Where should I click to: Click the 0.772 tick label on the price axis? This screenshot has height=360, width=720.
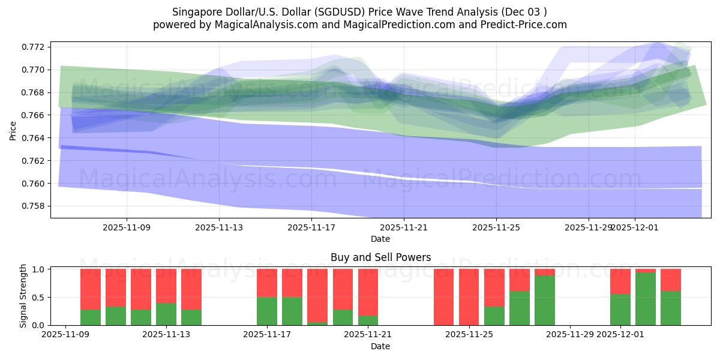(34, 47)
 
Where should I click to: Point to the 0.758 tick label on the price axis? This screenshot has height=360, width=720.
(34, 206)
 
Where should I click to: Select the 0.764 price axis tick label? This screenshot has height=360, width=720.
(34, 138)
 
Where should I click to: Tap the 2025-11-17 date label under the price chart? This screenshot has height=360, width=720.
(311, 227)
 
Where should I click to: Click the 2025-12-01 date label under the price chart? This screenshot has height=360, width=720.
(635, 227)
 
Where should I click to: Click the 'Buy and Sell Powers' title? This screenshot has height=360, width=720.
(380, 257)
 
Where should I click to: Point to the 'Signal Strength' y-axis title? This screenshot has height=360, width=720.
(23, 296)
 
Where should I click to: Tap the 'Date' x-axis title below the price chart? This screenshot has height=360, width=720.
(380, 239)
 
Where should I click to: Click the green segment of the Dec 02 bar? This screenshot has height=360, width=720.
(646, 299)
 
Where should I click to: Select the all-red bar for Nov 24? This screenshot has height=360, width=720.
(443, 297)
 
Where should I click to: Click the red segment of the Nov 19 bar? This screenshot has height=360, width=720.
(317, 295)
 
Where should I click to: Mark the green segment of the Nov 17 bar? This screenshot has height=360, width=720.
(266, 311)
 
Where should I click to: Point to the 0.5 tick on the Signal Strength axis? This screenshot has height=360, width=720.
(40, 298)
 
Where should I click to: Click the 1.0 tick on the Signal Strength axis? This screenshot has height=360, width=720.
(40, 269)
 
